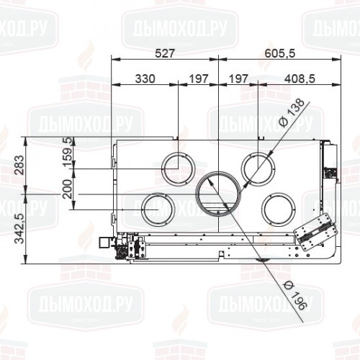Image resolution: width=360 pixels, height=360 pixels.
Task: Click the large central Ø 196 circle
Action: [220, 194]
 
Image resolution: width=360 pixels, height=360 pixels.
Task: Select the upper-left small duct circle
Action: [177, 167]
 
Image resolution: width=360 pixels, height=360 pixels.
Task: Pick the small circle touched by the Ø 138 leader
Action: [258, 168]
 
